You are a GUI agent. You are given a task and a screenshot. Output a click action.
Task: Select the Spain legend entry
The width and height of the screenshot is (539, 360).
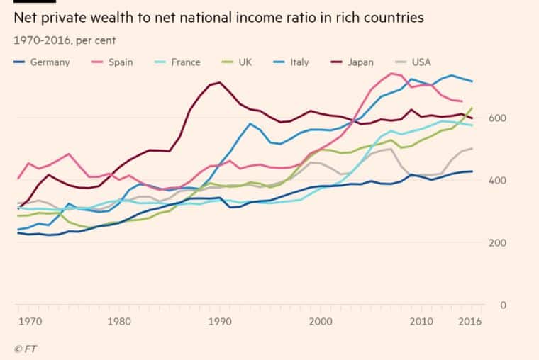[x=120, y=62]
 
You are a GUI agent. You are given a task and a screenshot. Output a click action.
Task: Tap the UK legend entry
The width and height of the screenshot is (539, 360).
[x=245, y=62]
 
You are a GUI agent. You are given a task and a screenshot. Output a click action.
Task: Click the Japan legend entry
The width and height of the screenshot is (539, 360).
[x=360, y=62]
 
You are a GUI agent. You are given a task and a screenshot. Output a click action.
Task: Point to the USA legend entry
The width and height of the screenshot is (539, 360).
[x=421, y=62]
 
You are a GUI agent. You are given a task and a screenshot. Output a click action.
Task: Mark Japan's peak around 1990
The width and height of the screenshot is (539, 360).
[x=220, y=82]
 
